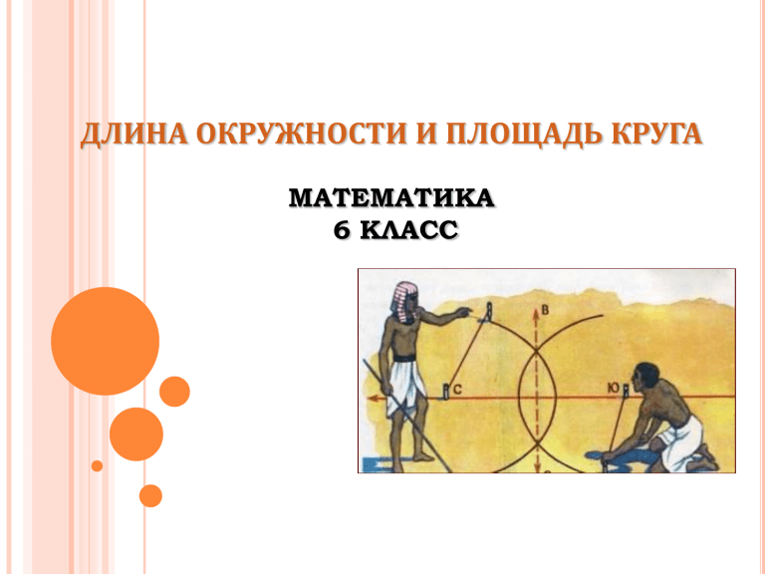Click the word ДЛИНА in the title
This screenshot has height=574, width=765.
coord(133,134)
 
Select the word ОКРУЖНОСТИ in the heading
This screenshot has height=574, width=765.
coord(302,134)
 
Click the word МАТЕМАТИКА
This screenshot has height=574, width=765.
coord(391,198)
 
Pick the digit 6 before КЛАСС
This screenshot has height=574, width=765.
coord(342,230)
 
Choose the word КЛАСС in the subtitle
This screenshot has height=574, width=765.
coord(409,230)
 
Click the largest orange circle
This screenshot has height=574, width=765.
coord(105,341)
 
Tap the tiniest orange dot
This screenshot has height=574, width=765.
coord(97,465)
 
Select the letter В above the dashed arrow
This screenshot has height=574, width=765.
coord(546,311)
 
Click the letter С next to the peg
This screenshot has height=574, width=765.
coord(457,390)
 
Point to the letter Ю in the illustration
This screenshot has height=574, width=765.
coord(614,389)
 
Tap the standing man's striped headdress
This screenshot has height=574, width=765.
coord(403,302)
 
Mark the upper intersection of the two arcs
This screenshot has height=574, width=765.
coord(536,350)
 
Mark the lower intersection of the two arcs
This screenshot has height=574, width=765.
coord(537,442)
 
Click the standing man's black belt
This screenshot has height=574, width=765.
coord(405,359)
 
